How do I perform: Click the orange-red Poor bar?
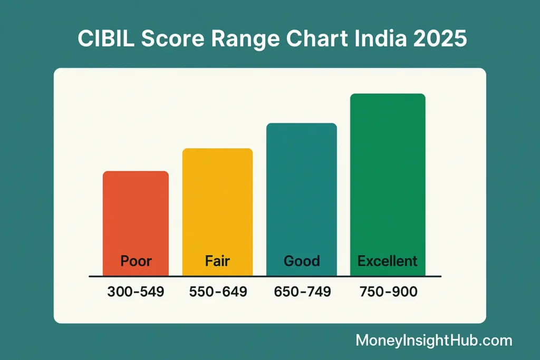coord(136,216)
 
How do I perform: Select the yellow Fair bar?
coord(217,203)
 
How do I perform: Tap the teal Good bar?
coord(301,190)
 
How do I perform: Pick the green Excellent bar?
coord(388,174)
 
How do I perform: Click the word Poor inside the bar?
coord(136,261)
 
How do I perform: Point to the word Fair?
coord(217,261)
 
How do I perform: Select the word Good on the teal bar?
coord(302,261)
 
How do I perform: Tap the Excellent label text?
coord(388,261)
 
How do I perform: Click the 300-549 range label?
coord(136,291)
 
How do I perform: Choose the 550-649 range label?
coord(218,291)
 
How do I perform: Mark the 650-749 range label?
coord(302,291)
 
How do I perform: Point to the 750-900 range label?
coord(388,291)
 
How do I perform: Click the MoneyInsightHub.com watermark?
coord(433,340)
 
